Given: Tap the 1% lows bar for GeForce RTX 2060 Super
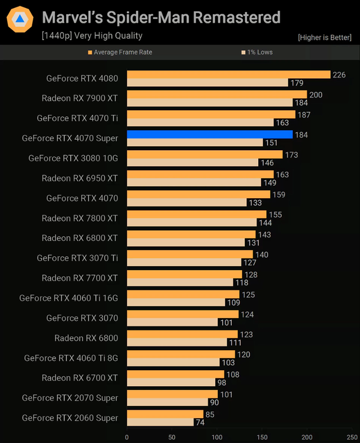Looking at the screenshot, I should coord(160,422).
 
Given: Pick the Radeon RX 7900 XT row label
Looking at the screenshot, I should coord(80,98).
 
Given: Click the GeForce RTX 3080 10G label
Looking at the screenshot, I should coord(73,158).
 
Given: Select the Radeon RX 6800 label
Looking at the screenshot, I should coord(86,338).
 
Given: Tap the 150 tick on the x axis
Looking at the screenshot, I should coord(262,436).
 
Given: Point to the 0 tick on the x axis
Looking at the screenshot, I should coord(127,436).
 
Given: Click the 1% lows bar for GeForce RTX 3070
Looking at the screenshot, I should coord(172,323).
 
